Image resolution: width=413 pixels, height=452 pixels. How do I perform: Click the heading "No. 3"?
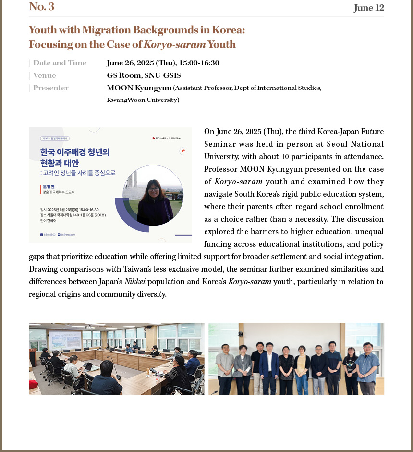[x=41, y=7]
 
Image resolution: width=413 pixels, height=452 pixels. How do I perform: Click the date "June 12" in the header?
[x=369, y=8]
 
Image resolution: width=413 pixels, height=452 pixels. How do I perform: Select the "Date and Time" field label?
[x=60, y=63]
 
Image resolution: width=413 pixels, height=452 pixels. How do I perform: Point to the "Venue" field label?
[x=44, y=75]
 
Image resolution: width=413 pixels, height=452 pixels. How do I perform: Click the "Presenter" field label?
[x=50, y=88]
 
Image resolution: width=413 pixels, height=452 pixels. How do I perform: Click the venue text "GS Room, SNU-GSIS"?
[x=144, y=75]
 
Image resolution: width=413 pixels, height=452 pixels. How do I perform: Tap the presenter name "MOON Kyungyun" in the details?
[x=139, y=88]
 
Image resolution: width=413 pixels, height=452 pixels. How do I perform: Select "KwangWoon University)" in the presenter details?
[x=143, y=100]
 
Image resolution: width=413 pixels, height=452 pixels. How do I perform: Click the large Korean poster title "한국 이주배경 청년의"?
[x=75, y=152]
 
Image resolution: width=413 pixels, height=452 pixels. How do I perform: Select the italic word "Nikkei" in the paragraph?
[x=135, y=281]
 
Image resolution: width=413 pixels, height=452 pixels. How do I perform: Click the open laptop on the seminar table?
[x=88, y=367]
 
